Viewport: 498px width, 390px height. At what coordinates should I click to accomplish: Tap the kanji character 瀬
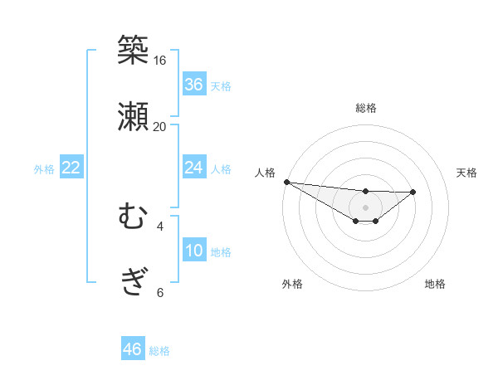tap(133, 117)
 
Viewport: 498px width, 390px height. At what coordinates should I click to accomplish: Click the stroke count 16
tap(160, 61)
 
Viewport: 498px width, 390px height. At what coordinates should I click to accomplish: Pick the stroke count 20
tap(160, 127)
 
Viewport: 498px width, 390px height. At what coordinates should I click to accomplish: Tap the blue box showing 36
tap(194, 85)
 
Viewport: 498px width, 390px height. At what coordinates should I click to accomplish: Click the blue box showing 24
tap(194, 168)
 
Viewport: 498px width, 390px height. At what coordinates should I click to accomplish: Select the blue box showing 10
tap(194, 251)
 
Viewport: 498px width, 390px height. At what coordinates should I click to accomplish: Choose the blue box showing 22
tap(71, 168)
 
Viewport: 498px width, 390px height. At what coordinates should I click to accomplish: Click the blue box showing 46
tap(133, 349)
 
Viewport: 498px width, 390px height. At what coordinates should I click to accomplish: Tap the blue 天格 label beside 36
tap(221, 86)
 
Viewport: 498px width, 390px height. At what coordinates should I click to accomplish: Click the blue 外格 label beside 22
tap(44, 169)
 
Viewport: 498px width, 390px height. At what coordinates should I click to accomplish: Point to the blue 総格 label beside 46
tap(159, 351)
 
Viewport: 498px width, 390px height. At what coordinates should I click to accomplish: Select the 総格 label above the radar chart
tap(366, 108)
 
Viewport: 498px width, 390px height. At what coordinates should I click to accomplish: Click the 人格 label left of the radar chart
tap(265, 173)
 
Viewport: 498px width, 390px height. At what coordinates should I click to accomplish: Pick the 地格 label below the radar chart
tap(435, 285)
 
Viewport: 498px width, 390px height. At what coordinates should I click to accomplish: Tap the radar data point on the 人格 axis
tap(286, 182)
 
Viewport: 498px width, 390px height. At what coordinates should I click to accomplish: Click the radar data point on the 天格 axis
tap(413, 192)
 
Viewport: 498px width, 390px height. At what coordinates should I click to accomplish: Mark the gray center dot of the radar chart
tap(366, 207)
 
